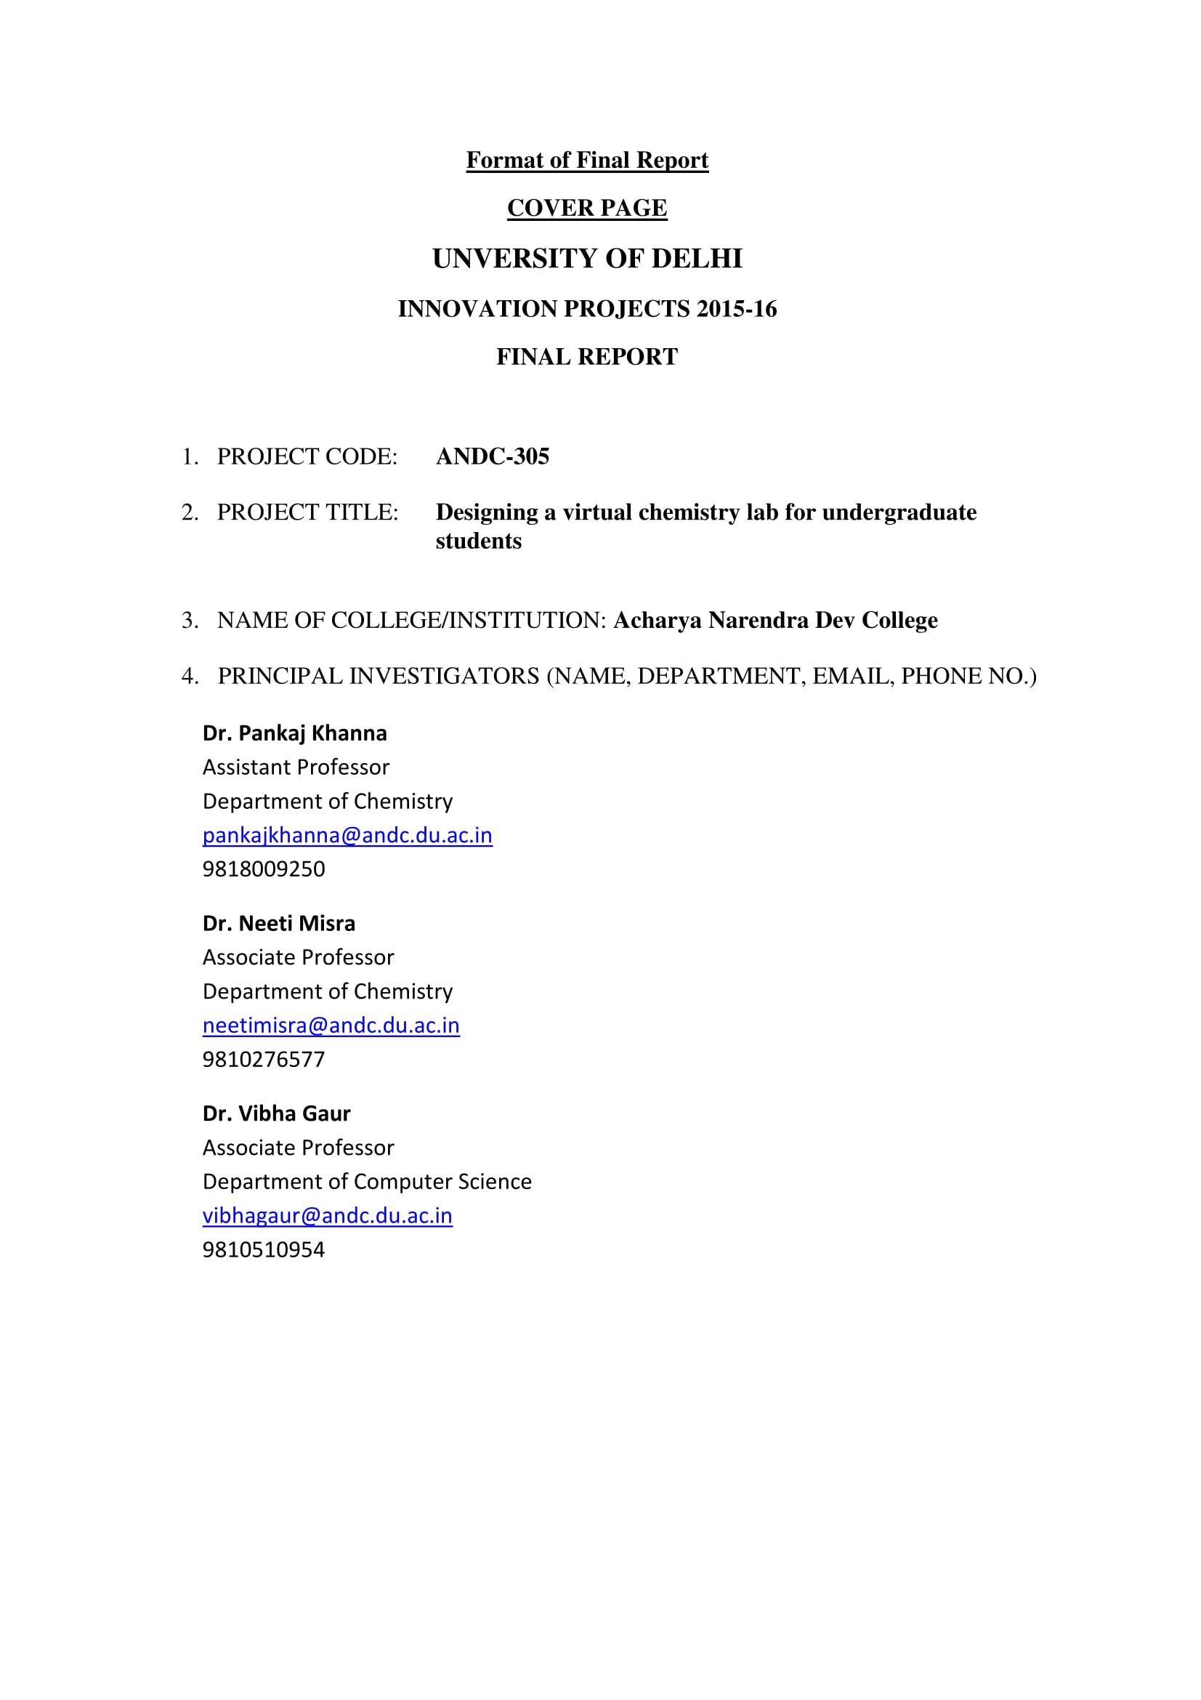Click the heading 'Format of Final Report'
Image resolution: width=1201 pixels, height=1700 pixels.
click(x=587, y=160)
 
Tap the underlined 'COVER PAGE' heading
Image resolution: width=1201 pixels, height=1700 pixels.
click(x=587, y=208)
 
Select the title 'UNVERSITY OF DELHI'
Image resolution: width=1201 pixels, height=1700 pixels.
click(x=587, y=259)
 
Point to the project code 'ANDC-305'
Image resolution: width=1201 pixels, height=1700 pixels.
click(x=493, y=456)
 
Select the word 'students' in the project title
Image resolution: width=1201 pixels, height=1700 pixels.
click(x=479, y=541)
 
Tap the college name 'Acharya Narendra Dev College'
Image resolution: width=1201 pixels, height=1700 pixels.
click(x=775, y=620)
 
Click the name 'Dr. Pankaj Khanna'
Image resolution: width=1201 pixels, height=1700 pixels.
click(x=294, y=733)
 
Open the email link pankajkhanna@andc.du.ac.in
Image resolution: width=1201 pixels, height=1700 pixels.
click(x=347, y=835)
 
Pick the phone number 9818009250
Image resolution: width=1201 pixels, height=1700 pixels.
click(x=264, y=869)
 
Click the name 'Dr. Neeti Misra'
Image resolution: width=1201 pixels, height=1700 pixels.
click(x=279, y=923)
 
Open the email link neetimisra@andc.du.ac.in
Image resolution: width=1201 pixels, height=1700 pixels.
click(x=331, y=1026)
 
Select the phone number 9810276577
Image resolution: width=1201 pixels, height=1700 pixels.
click(x=264, y=1059)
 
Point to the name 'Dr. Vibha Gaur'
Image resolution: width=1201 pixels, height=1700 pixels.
click(x=276, y=1113)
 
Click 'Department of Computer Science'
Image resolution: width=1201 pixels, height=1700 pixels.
click(x=367, y=1182)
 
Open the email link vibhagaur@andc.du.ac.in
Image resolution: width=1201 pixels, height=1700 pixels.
click(x=327, y=1216)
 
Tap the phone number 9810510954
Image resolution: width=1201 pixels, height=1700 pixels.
click(x=264, y=1250)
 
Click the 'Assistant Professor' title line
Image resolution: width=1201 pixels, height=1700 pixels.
click(x=296, y=767)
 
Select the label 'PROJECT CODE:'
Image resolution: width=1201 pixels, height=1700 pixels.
click(x=307, y=456)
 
